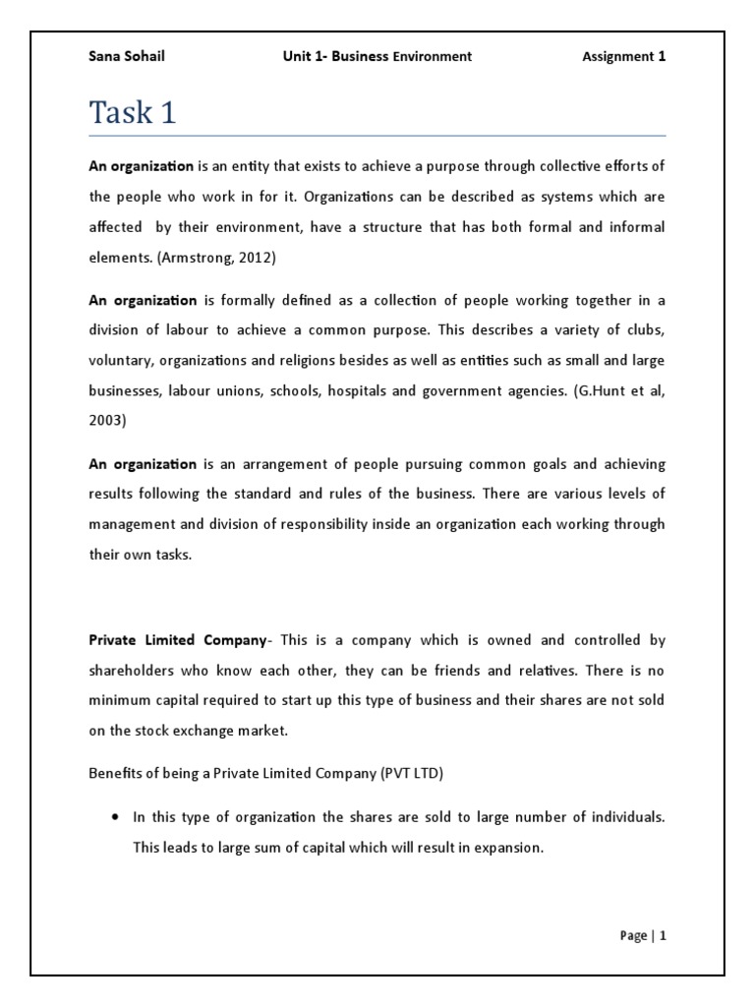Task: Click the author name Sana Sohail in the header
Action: (127, 56)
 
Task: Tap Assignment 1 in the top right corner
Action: (624, 56)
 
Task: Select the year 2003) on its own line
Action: (110, 420)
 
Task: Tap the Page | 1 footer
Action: (643, 936)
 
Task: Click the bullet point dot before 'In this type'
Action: (116, 817)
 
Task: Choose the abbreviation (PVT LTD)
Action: (411, 773)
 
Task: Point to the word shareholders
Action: (136, 670)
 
